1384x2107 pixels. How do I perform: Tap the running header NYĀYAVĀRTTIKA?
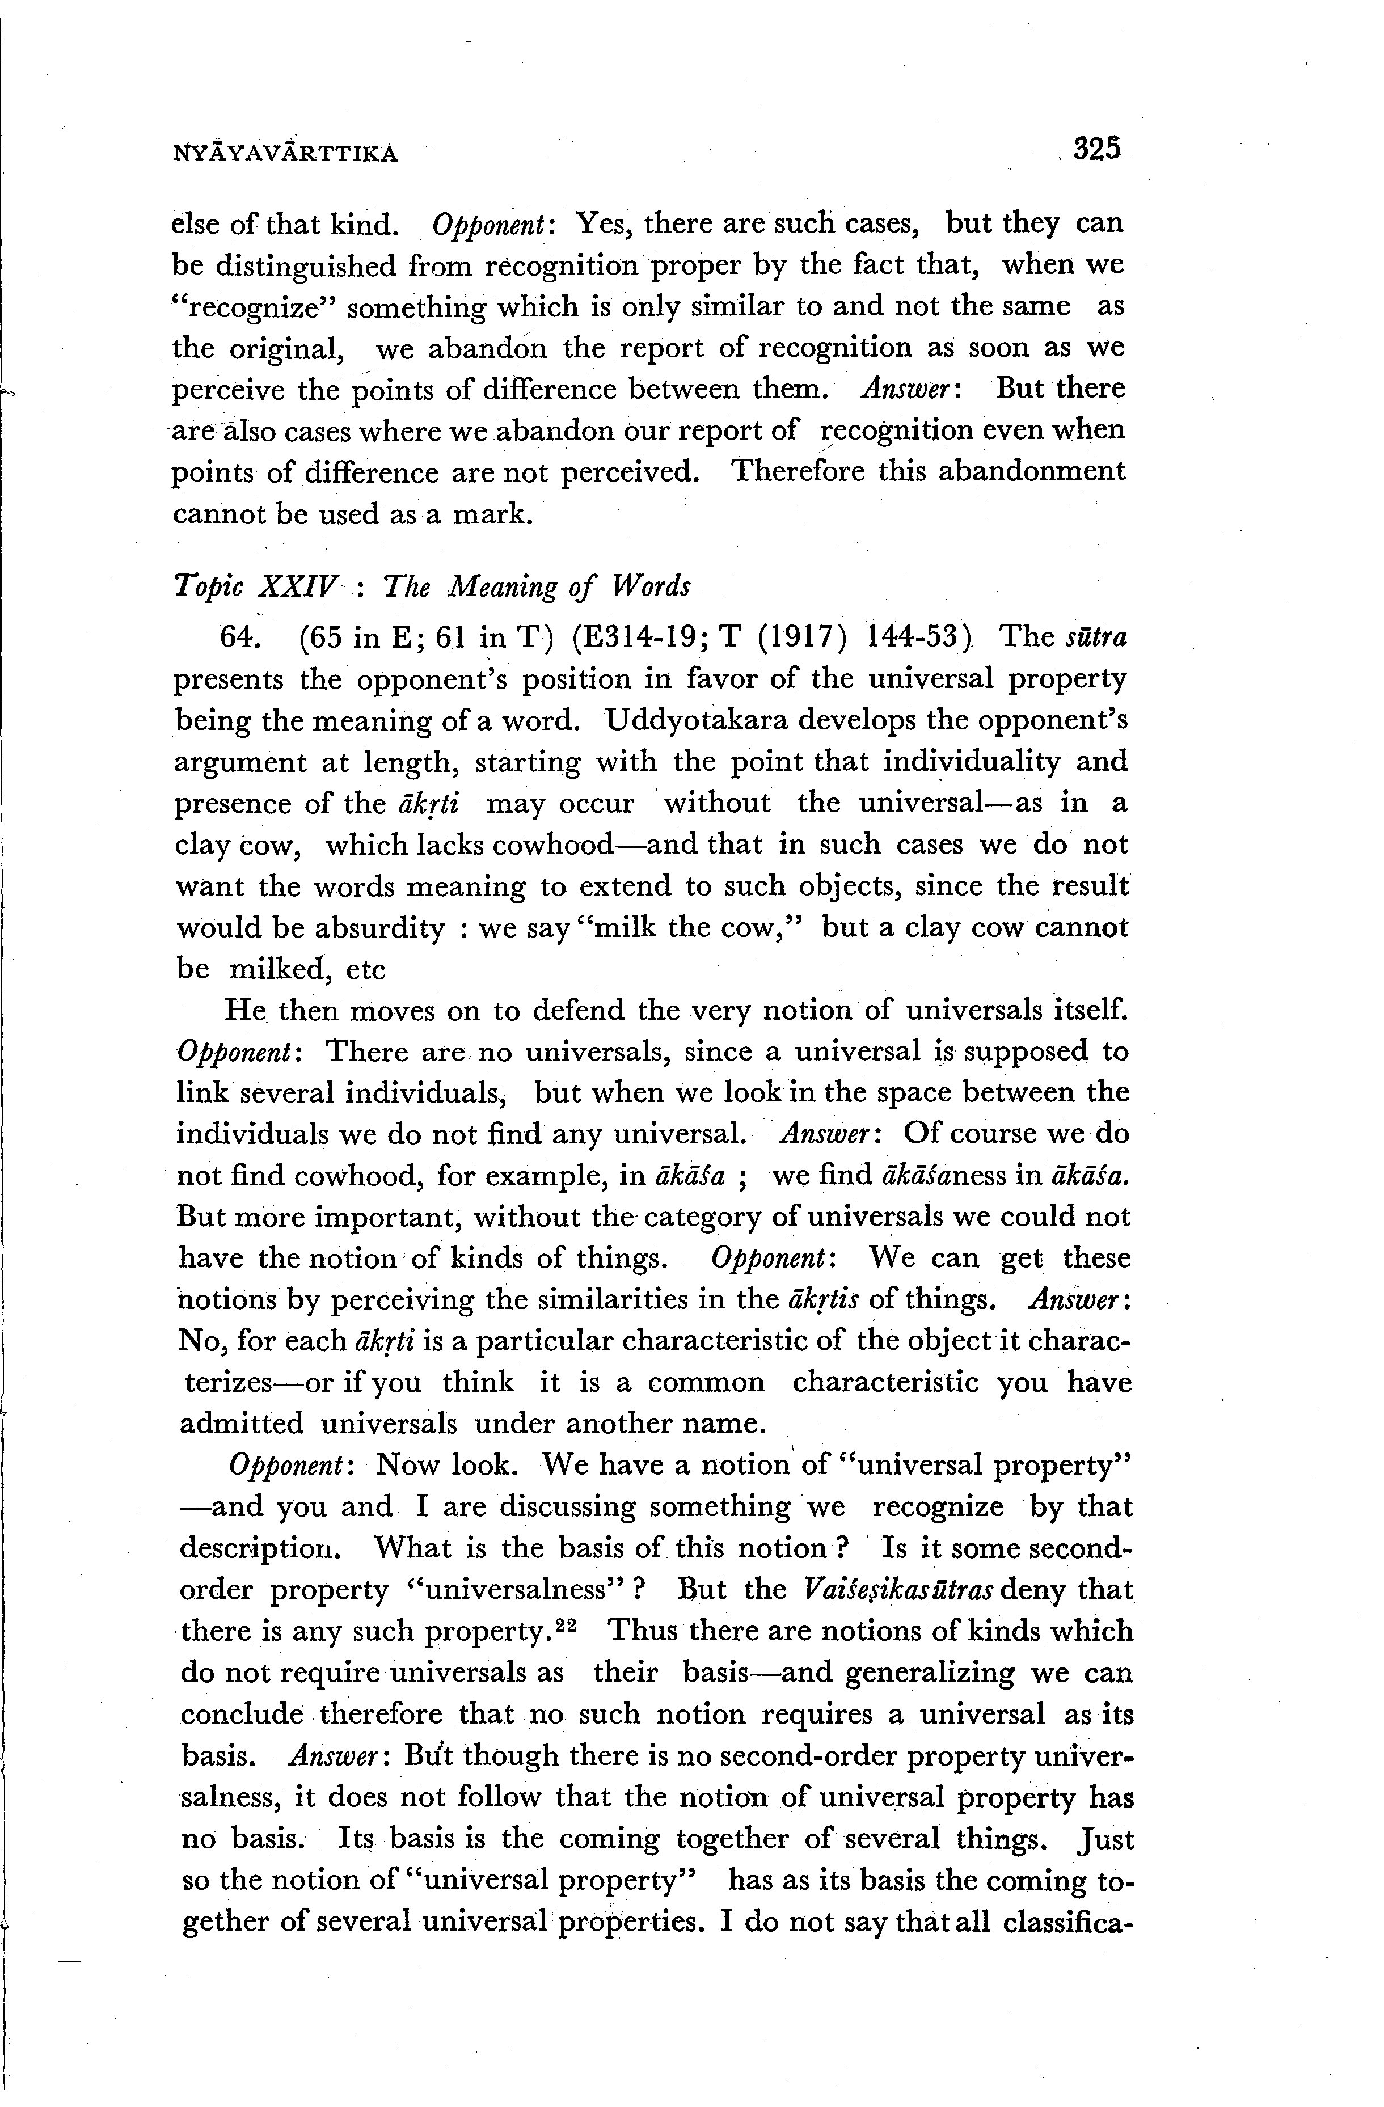point(285,154)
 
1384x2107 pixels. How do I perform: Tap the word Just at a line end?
point(1103,1839)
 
